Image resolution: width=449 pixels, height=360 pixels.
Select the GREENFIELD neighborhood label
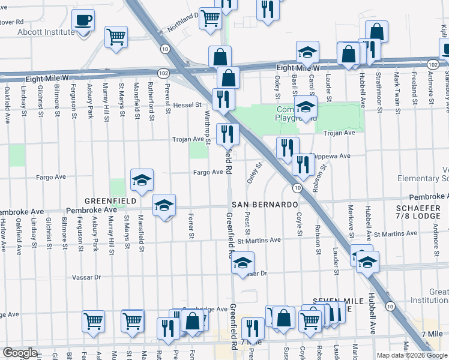tap(108, 200)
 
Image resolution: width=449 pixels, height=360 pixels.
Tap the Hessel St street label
tap(187, 105)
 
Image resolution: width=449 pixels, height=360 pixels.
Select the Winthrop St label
tap(207, 127)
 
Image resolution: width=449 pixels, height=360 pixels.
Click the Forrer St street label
tap(191, 225)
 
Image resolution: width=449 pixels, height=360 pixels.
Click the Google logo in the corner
tap(20, 353)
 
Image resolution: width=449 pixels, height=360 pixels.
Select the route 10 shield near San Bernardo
tap(297, 188)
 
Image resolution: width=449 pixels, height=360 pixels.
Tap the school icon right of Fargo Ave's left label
tap(142, 179)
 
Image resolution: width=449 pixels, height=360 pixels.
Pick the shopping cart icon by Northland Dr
tap(209, 19)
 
